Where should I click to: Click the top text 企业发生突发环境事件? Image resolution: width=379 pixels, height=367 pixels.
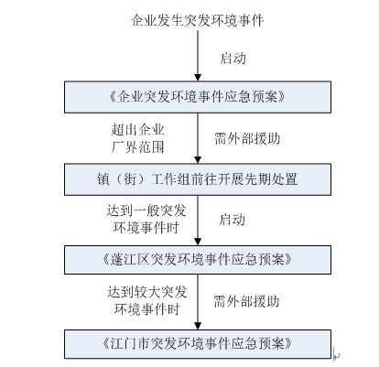[x=198, y=20]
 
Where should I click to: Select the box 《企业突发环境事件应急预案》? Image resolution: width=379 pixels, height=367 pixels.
[x=198, y=97]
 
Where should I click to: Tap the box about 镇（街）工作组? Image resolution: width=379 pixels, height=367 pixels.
[x=198, y=179]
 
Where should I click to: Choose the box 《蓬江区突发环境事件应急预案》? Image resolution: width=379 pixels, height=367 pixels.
[x=198, y=260]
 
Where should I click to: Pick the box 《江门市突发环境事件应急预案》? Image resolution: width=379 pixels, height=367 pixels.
[x=198, y=344]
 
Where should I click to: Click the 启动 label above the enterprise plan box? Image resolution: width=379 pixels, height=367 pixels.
[x=233, y=58]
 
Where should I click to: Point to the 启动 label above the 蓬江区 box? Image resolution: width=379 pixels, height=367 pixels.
[x=232, y=220]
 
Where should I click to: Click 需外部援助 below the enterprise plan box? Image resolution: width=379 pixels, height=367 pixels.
[x=247, y=138]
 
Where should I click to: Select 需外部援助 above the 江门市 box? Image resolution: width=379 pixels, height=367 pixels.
[x=246, y=301]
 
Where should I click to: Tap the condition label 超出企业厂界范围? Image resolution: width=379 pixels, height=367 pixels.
[x=137, y=138]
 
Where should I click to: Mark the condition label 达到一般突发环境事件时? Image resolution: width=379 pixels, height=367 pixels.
[x=146, y=219]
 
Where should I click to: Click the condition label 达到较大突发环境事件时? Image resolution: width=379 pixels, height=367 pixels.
[x=146, y=300]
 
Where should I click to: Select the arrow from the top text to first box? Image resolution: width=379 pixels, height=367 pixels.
[x=198, y=56]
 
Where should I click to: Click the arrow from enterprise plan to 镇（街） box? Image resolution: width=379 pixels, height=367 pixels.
[x=198, y=138]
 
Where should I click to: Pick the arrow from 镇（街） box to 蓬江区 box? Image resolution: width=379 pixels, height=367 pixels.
[x=198, y=221]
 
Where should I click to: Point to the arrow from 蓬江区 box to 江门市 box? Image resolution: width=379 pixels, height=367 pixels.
[x=198, y=302]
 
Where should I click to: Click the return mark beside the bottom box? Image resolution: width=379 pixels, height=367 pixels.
[x=336, y=354]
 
